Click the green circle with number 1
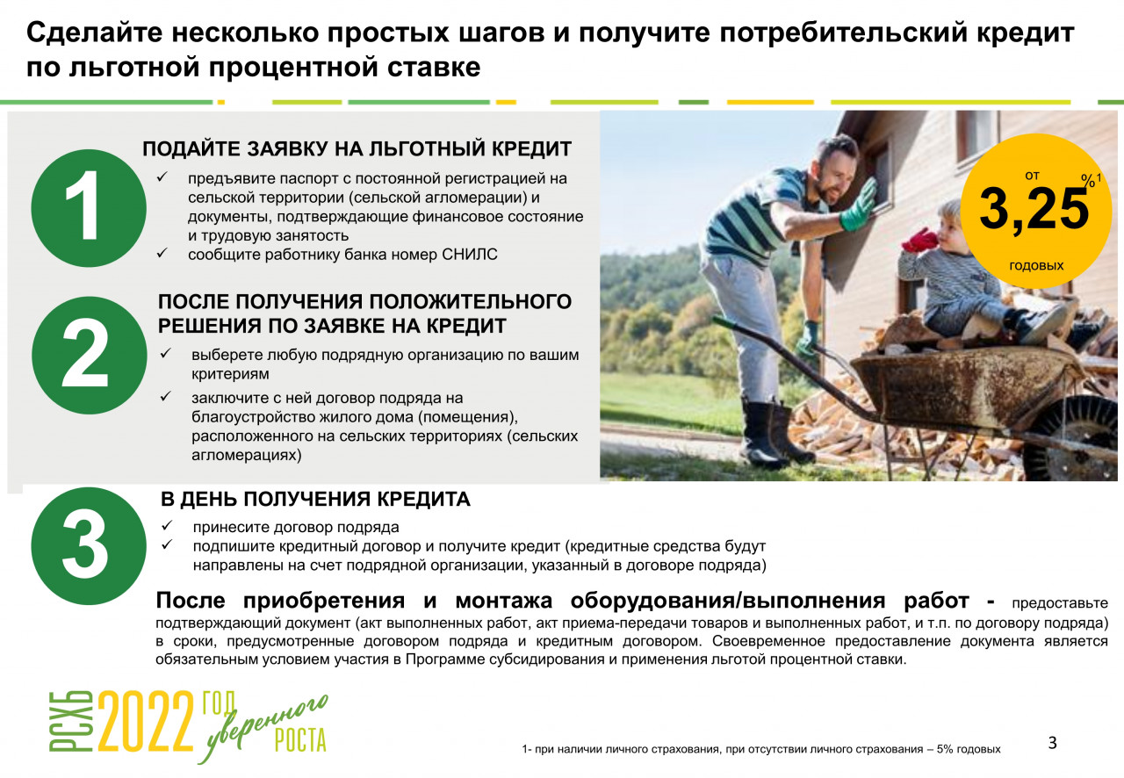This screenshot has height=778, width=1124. (89, 207)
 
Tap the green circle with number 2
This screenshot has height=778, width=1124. (89, 356)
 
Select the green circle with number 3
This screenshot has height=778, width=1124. (89, 545)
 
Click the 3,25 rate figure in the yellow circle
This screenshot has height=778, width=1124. (1034, 209)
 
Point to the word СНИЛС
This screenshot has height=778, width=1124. (469, 255)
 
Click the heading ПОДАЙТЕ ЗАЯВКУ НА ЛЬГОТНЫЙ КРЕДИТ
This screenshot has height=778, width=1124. (357, 149)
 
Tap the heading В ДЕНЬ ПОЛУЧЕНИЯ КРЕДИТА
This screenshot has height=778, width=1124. (315, 499)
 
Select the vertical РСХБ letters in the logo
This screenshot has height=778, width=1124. (71, 721)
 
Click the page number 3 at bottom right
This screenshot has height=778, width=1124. (1053, 742)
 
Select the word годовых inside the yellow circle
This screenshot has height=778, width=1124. (1036, 265)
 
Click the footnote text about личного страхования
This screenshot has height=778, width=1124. (761, 749)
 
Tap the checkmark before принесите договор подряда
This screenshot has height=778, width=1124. (167, 525)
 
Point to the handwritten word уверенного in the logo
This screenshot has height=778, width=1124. (263, 728)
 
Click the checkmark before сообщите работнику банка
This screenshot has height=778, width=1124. (162, 253)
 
